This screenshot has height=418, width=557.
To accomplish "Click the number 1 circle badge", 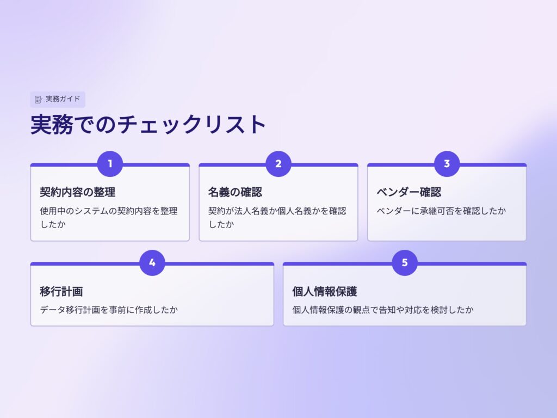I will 110,164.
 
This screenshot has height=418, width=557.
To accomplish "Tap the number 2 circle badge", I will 278,164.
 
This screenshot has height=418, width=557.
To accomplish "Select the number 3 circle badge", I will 447,164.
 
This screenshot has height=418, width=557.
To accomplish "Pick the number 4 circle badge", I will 152,262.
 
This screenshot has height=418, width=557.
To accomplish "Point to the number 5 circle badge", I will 405,262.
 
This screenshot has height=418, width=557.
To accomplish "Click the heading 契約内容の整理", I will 77,192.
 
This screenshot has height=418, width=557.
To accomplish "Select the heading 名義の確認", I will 235,192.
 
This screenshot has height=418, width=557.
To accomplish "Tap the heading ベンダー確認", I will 409,192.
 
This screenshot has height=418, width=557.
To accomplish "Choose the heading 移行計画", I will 61,291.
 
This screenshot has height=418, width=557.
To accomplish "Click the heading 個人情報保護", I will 324,291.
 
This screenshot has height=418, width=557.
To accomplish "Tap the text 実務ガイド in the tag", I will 63,99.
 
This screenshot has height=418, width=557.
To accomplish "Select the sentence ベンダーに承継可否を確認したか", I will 441,211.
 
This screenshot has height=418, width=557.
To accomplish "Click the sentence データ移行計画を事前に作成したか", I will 109,310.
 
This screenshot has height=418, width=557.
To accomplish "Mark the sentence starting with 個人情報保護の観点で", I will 383,310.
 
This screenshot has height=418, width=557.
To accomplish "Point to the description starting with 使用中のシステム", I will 109,217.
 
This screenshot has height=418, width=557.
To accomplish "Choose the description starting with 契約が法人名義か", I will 277,217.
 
